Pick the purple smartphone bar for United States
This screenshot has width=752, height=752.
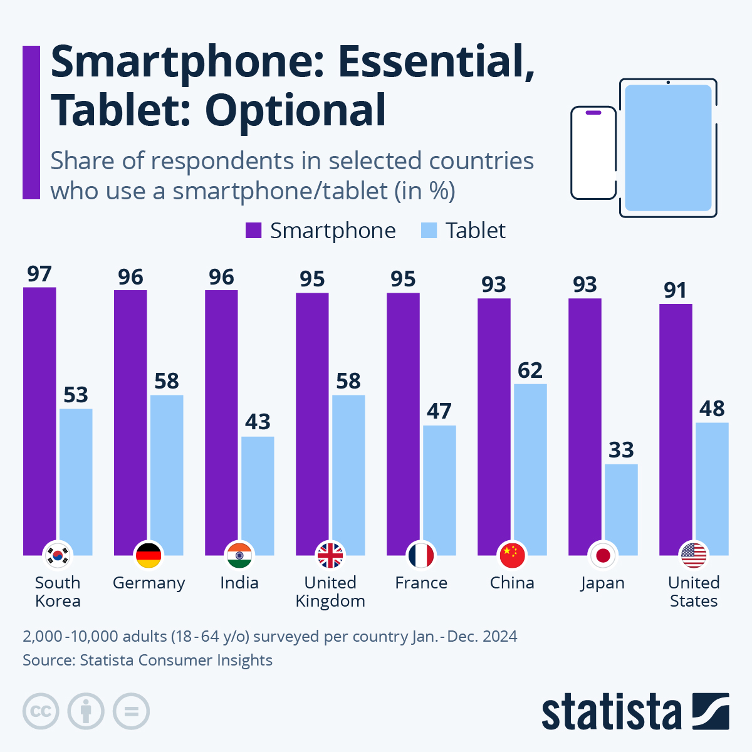[x=676, y=426]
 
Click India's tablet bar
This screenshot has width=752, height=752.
[x=258, y=495]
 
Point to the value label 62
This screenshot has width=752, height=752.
[x=530, y=370]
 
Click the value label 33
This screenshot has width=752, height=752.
[x=622, y=450]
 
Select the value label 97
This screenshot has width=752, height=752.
[x=39, y=274]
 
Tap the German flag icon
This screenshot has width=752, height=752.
[x=149, y=555]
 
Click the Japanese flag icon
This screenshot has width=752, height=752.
[x=603, y=555]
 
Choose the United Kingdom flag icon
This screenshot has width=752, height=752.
[x=330, y=555]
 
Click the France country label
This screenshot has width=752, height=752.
[x=421, y=583]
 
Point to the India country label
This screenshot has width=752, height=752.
[x=239, y=583]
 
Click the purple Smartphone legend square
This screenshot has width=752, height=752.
[x=253, y=231]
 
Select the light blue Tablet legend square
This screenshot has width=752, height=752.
[x=429, y=231]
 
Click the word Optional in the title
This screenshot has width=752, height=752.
[x=295, y=111]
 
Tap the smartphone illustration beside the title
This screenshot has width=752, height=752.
[x=593, y=153]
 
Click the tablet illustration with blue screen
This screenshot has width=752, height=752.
[x=668, y=148]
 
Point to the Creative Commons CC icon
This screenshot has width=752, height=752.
[x=41, y=711]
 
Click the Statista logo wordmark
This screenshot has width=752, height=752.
[x=611, y=713]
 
